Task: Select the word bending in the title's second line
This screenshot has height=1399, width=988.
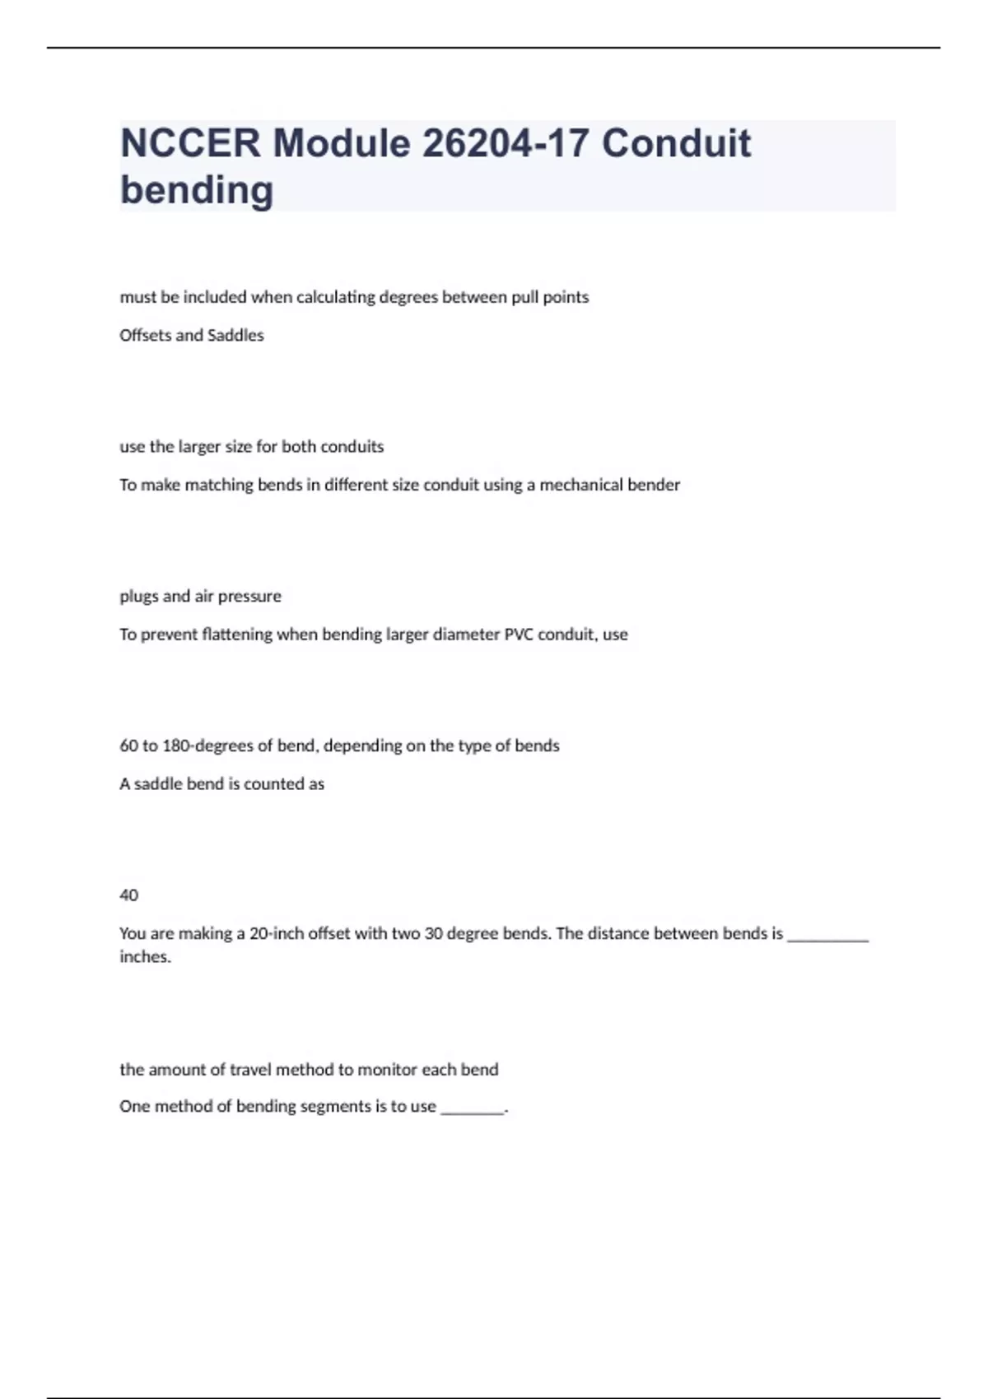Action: [x=197, y=190]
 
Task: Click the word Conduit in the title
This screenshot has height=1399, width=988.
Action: [x=676, y=144]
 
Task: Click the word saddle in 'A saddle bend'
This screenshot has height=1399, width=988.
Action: [x=158, y=784]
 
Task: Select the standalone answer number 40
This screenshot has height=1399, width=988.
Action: [x=129, y=895]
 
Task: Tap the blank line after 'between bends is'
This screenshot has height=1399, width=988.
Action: [x=827, y=937]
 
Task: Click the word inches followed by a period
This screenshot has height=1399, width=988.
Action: [x=144, y=957]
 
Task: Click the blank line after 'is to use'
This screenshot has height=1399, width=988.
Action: [x=473, y=1109]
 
